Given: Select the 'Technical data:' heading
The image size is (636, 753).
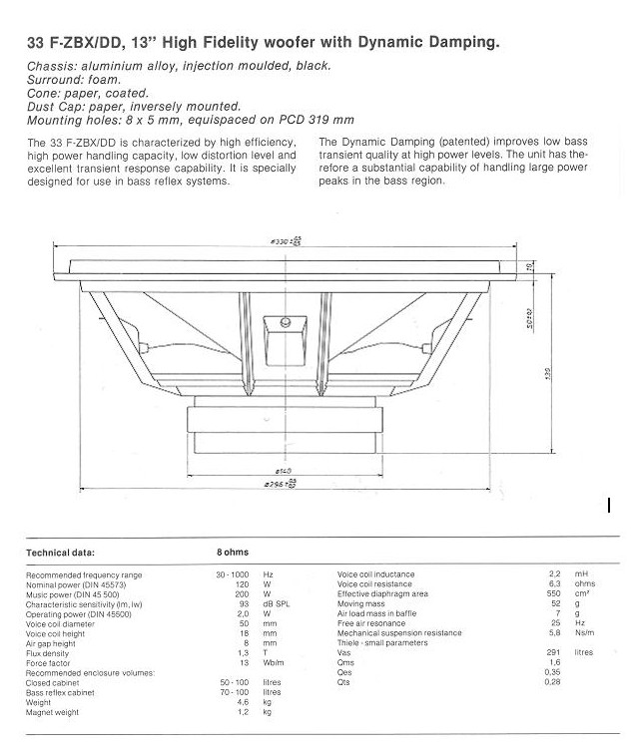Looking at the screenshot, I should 68,549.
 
